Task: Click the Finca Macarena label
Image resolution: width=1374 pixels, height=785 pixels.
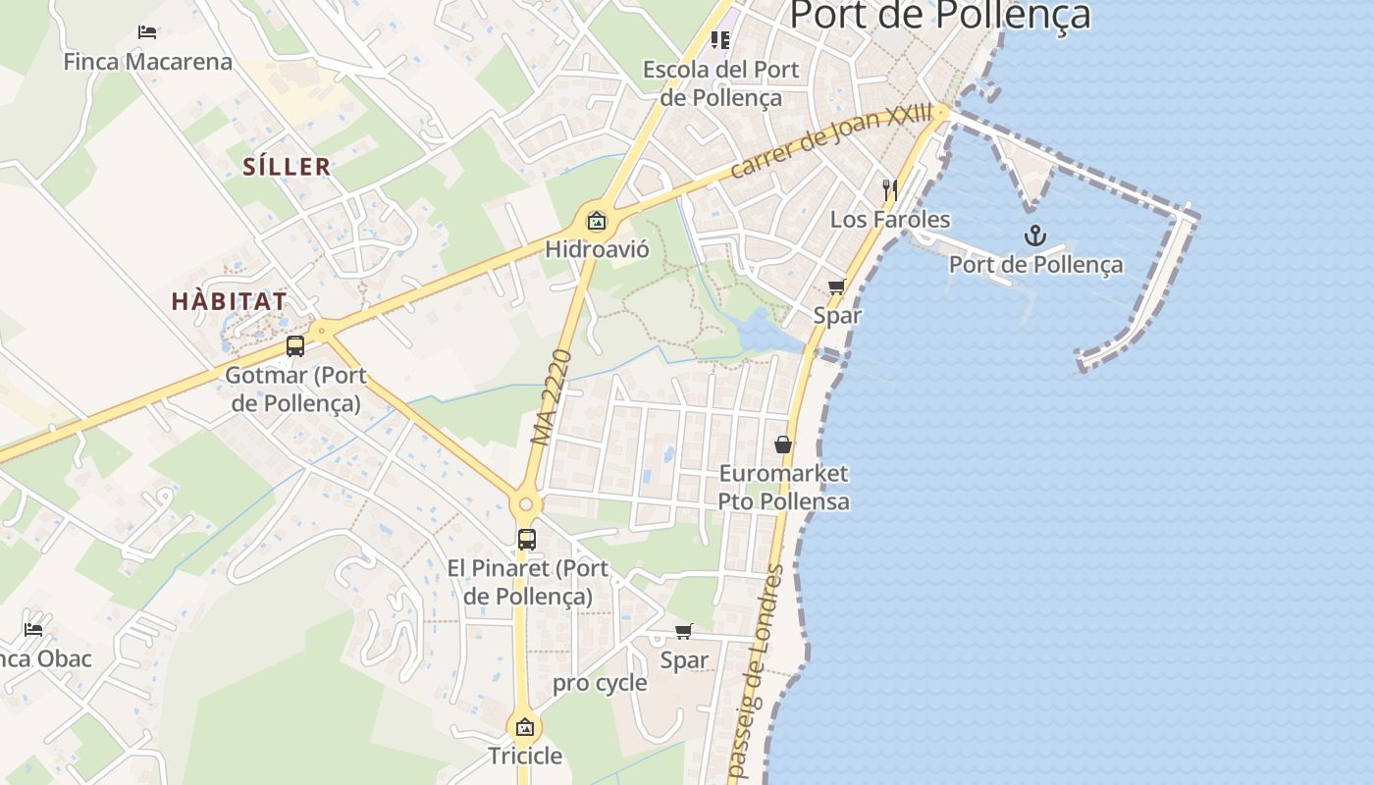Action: (148, 62)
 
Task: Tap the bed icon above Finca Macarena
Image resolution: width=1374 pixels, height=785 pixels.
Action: (147, 32)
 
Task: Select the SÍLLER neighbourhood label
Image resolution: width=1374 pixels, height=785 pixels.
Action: (287, 166)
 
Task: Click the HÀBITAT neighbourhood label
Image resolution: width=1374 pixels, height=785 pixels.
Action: (230, 301)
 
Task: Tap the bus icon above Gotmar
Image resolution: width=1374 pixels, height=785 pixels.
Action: (295, 346)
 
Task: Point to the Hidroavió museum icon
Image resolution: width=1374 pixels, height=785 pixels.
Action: (597, 221)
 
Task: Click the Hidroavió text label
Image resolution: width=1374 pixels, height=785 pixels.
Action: (597, 249)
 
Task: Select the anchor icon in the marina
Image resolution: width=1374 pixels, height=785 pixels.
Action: (1034, 235)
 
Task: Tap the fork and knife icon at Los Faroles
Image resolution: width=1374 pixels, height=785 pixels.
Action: (890, 189)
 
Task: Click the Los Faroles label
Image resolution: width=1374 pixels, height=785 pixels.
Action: (890, 219)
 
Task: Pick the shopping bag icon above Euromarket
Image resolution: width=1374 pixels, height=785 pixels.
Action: (783, 445)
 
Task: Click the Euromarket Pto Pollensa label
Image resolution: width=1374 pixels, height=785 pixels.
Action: (783, 487)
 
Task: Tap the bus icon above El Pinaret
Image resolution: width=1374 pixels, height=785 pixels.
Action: (527, 540)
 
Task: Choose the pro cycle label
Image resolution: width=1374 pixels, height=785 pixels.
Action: (600, 683)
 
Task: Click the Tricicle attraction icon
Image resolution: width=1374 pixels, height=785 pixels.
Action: (525, 727)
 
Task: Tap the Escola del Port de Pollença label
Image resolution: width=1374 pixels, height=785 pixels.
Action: (721, 83)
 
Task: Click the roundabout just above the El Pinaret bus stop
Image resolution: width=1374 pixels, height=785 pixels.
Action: (526, 504)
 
